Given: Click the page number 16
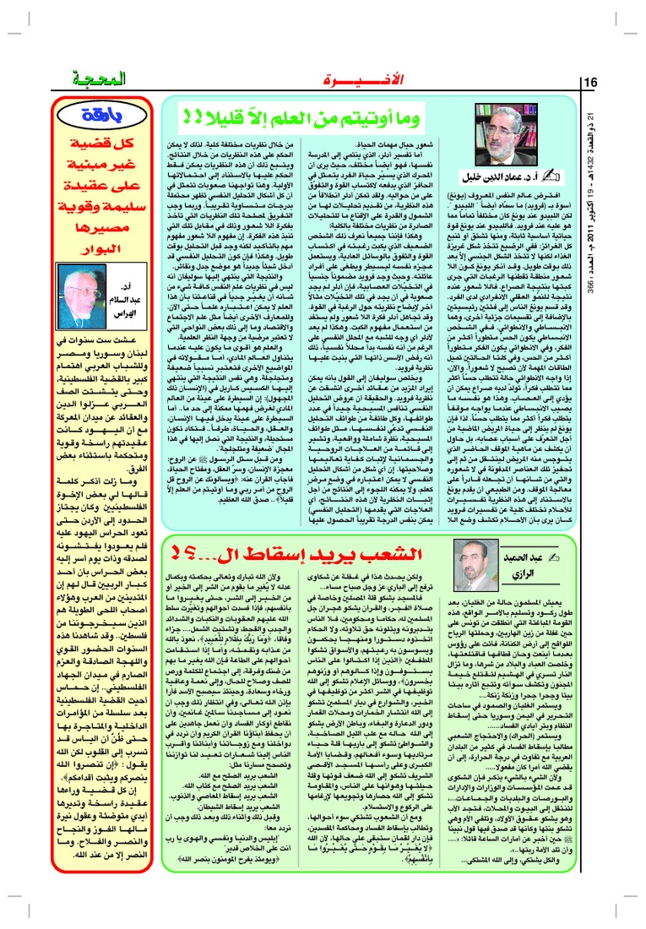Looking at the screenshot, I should [589, 81].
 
